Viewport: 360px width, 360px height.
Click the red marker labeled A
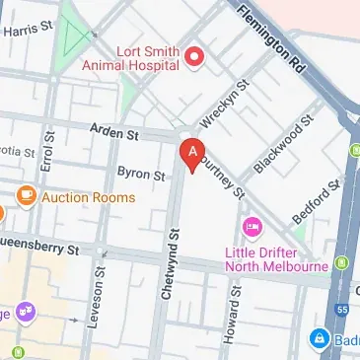click(x=193, y=154)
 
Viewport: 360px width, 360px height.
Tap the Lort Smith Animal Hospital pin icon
click(x=194, y=57)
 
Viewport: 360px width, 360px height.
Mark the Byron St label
click(x=140, y=175)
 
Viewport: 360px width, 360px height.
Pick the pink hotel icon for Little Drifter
click(x=252, y=229)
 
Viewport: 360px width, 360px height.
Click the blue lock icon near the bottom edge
click(x=319, y=339)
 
